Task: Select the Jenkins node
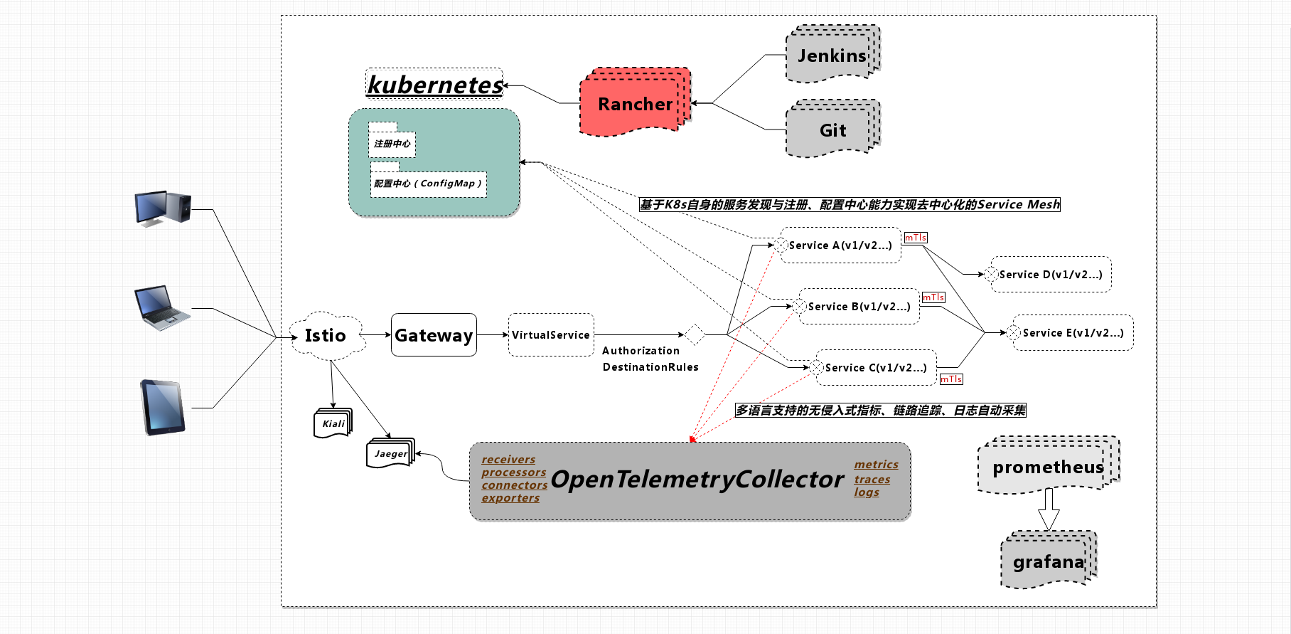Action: [x=832, y=56]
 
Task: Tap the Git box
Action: [x=832, y=130]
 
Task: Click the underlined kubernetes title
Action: [x=434, y=85]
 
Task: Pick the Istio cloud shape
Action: [x=326, y=335]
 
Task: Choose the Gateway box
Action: [x=434, y=335]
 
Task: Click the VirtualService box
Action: [x=551, y=335]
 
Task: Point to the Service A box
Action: [x=840, y=245]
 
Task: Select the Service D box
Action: [x=1051, y=275]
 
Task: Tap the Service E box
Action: [x=1073, y=333]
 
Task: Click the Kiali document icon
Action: [x=333, y=423]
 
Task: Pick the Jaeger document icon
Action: [x=390, y=454]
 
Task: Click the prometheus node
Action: [x=1047, y=467]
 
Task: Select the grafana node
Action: [x=1048, y=562]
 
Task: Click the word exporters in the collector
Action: [x=510, y=498]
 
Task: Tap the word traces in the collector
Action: [x=872, y=480]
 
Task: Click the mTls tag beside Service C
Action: [x=951, y=379]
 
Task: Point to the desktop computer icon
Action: [x=163, y=208]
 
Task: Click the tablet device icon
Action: [x=163, y=407]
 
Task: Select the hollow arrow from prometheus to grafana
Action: [x=1049, y=509]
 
